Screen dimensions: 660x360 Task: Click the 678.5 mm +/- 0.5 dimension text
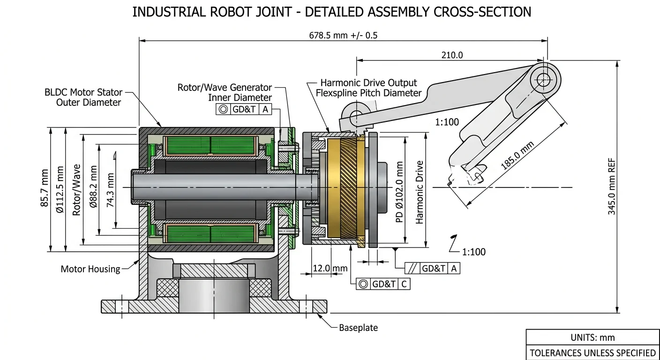tap(344, 35)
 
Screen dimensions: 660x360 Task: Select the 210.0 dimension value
tap(452, 55)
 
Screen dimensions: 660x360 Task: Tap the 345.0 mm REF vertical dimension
tap(612, 187)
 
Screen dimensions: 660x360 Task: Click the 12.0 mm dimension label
tap(330, 269)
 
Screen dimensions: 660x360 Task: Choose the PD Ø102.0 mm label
tap(400, 192)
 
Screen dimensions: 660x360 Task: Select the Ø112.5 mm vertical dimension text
tap(60, 190)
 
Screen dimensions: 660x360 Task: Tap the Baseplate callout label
tap(358, 328)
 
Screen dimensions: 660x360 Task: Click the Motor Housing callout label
tap(90, 269)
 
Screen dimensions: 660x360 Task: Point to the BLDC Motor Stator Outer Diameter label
tap(83, 97)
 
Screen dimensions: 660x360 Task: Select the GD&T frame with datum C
tap(383, 284)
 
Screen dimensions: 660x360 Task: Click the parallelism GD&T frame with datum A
tap(432, 269)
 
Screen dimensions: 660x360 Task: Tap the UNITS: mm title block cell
tap(592, 337)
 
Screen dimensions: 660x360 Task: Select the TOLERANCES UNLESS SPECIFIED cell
tap(592, 352)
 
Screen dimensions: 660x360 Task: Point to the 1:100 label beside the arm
tap(447, 122)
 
